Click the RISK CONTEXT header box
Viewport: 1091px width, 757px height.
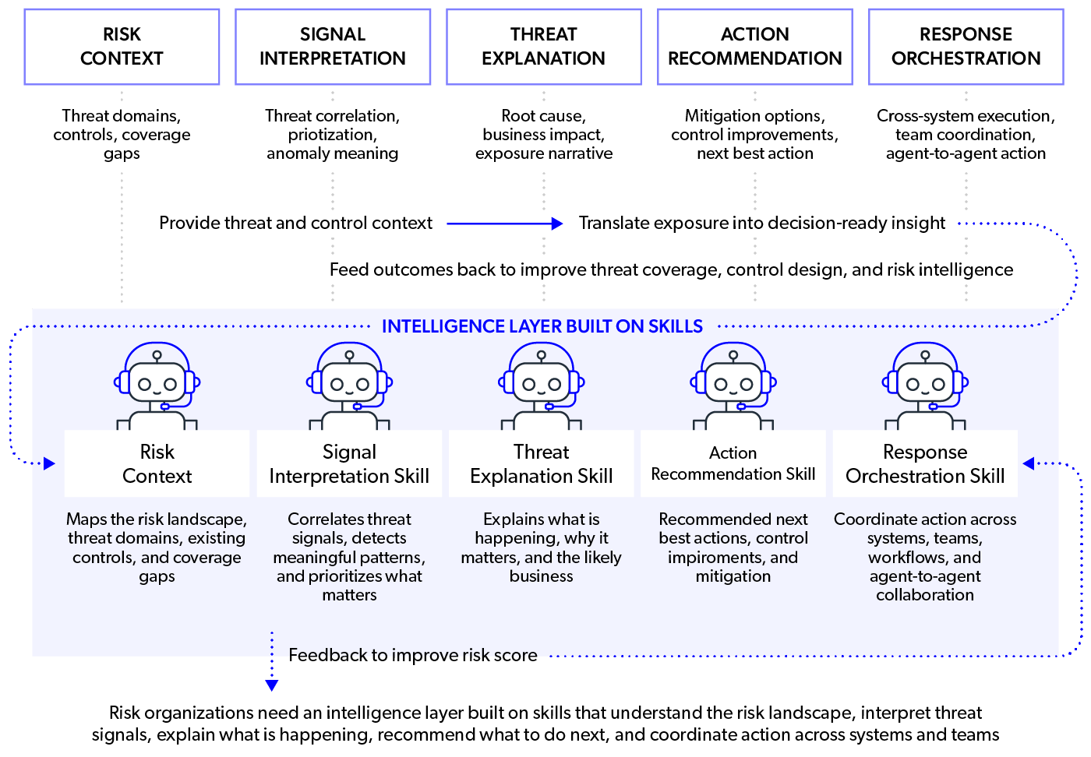click(122, 47)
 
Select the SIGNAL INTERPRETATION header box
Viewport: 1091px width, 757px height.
click(333, 47)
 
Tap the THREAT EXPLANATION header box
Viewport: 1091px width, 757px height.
click(543, 47)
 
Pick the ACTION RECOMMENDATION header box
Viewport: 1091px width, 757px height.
click(754, 47)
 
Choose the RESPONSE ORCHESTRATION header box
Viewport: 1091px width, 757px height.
click(966, 47)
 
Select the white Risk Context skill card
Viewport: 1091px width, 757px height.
click(157, 463)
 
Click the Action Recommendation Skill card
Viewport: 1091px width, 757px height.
click(733, 463)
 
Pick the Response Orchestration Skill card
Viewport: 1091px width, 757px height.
click(925, 463)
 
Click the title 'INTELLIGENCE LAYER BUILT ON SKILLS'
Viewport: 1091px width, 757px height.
click(542, 326)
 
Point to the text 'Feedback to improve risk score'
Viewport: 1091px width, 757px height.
click(413, 655)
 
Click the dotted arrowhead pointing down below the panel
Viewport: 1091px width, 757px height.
click(271, 685)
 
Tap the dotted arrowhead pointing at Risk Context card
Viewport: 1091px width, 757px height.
click(50, 463)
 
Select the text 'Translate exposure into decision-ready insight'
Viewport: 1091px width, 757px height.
click(761, 224)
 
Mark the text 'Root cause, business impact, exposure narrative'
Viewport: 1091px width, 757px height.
click(543, 135)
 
